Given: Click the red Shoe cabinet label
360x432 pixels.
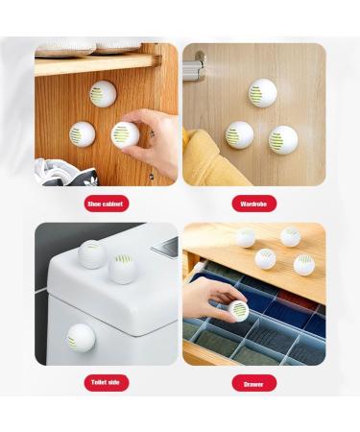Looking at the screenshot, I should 107,204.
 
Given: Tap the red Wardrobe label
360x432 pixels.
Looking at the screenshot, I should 253,204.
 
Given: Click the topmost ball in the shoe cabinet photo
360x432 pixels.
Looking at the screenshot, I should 102,94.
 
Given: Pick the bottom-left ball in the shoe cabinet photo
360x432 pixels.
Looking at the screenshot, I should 83,133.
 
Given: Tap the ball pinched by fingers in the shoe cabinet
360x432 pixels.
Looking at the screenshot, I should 125,134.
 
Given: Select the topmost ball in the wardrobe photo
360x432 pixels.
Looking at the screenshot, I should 262,93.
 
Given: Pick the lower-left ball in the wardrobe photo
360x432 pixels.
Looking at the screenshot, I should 239,133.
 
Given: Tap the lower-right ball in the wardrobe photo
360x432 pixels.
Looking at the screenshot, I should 282,140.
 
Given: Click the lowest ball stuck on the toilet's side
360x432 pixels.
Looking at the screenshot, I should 81,337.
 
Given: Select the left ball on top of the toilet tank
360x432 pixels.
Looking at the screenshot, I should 92,253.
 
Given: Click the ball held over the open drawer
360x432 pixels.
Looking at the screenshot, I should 237,310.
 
